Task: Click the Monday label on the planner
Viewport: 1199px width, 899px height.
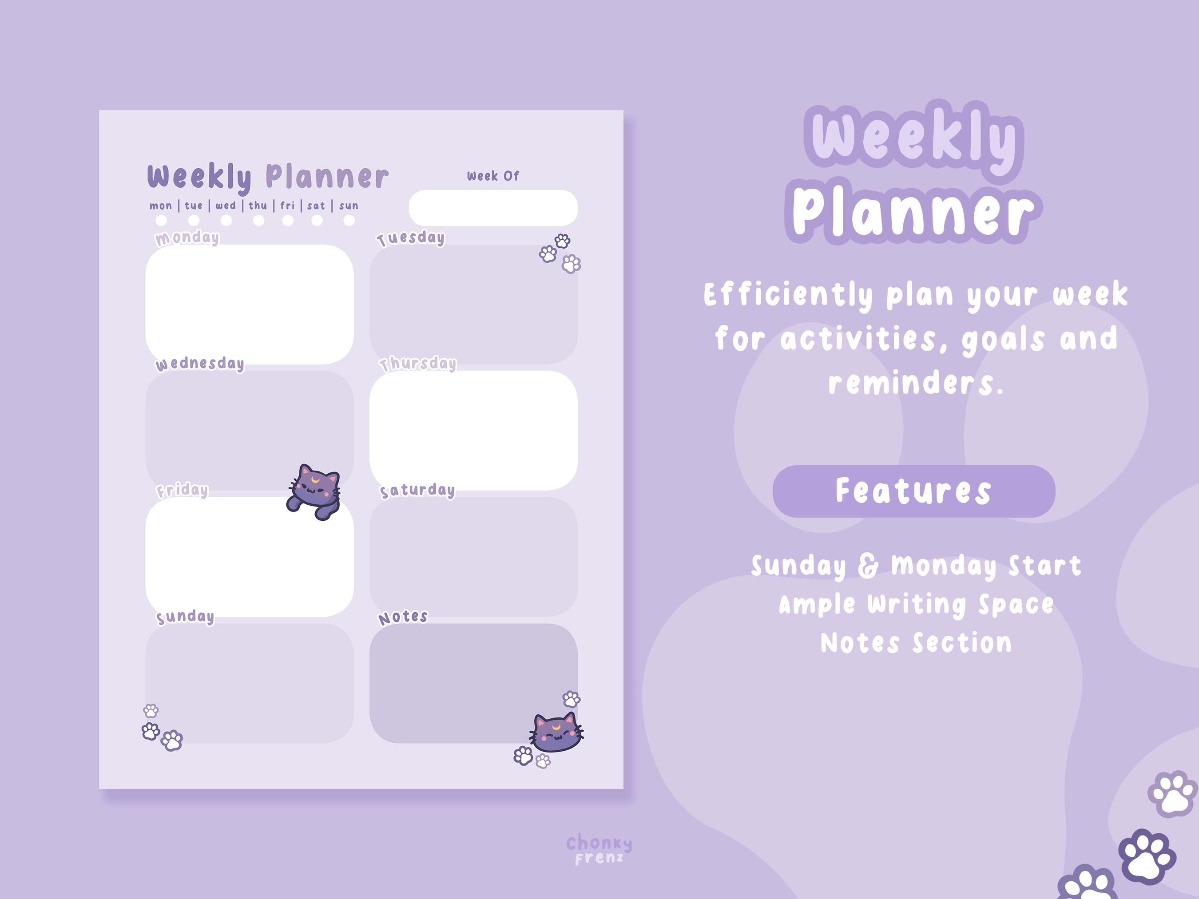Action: [187, 238]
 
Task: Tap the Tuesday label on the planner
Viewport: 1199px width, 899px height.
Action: [411, 238]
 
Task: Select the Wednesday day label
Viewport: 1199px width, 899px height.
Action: [200, 364]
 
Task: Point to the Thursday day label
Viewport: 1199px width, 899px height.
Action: [418, 364]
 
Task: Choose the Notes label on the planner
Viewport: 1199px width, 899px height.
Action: [403, 617]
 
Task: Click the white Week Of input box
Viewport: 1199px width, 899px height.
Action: [493, 208]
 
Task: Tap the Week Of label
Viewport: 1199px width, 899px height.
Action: [493, 176]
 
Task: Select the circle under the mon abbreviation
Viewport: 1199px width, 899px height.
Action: [161, 221]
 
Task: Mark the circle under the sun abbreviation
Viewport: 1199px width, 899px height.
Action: [349, 221]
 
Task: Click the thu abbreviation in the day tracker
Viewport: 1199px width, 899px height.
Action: [258, 206]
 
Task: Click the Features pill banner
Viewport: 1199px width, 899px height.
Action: [913, 491]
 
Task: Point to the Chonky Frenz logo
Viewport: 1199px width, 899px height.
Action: [599, 850]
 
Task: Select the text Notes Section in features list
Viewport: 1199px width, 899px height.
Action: [916, 643]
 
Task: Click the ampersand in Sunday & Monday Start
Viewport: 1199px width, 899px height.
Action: [868, 566]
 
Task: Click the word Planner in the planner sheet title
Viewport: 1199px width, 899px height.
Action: [327, 177]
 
